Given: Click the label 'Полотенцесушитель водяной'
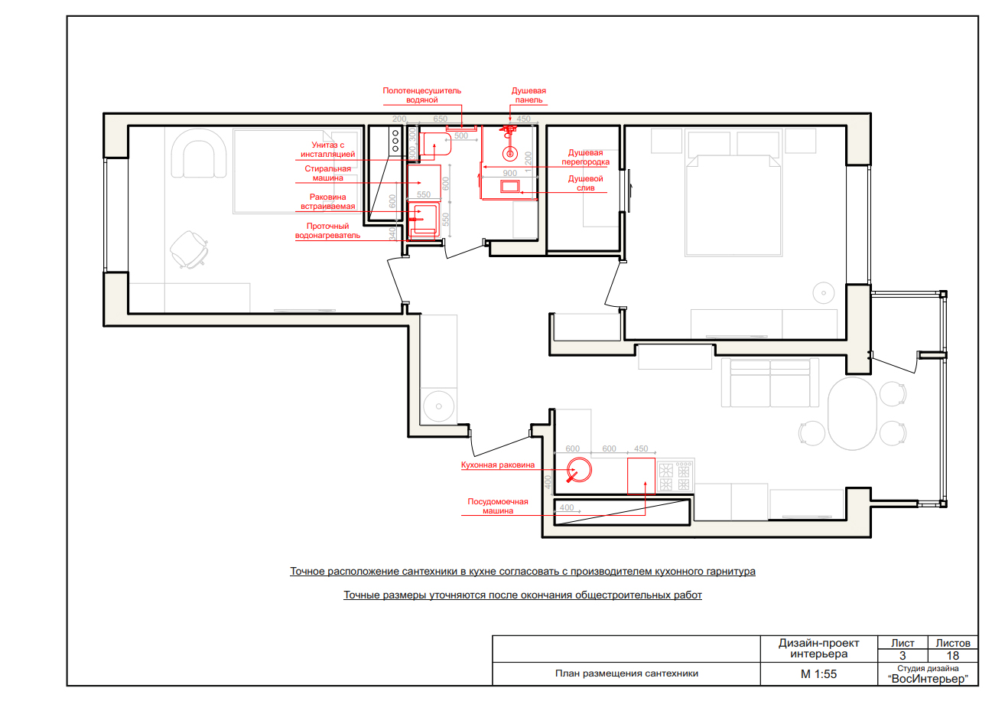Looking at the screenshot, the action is (x=421, y=95).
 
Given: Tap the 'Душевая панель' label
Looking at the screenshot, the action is (x=529, y=95).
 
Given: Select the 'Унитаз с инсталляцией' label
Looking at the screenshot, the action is (x=327, y=149).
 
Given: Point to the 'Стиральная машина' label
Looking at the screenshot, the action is (x=327, y=173).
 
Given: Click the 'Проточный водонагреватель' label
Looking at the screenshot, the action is (x=327, y=231).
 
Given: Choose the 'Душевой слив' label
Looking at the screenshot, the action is (x=585, y=183).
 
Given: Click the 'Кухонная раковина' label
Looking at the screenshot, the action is (x=498, y=465).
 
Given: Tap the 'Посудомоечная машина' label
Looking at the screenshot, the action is (x=498, y=506).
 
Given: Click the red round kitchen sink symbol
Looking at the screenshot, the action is (x=579, y=470).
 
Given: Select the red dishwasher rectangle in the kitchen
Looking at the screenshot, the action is (x=641, y=476).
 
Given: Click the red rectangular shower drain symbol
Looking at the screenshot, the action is (x=509, y=186).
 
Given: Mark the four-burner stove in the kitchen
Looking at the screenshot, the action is (x=675, y=476).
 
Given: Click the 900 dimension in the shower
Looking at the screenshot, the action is (x=509, y=173).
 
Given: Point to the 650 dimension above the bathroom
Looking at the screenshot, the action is (x=441, y=119).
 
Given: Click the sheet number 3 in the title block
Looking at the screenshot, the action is (x=902, y=656).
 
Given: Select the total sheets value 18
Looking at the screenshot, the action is (x=952, y=656).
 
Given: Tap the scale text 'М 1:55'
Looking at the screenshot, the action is (x=818, y=674).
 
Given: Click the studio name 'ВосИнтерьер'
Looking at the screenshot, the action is (x=928, y=679).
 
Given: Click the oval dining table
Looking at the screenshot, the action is (x=852, y=413).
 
